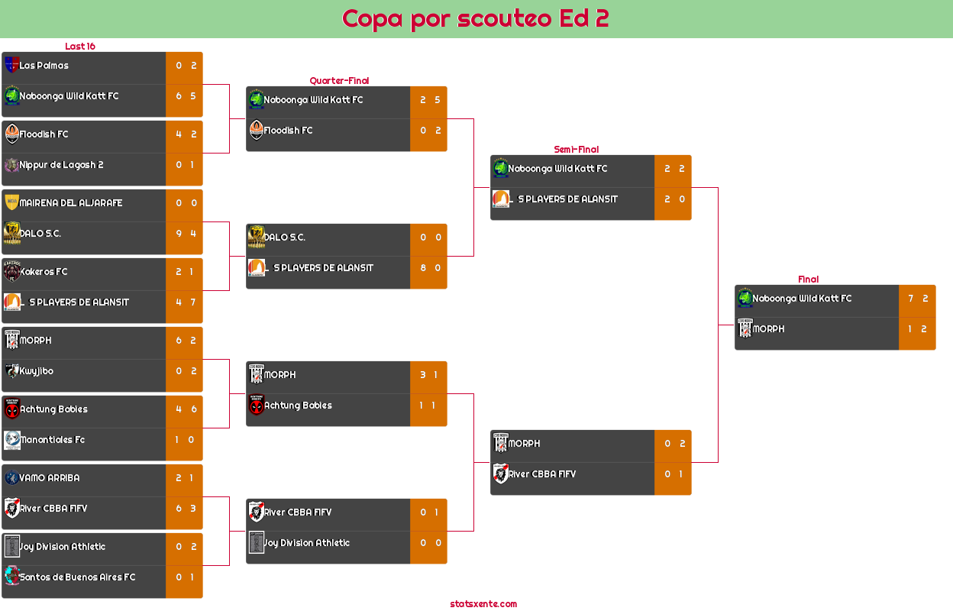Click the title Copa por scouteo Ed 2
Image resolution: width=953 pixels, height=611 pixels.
[475, 18]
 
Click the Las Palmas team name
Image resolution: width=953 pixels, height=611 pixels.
[44, 66]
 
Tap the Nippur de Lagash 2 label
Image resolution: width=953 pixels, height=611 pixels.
[62, 165]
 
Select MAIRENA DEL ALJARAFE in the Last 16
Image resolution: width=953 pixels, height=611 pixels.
[71, 203]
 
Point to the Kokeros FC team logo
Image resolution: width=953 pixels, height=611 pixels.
[11, 272]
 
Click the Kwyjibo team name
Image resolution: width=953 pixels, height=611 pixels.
[37, 371]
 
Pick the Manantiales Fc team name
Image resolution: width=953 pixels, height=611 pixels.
[52, 440]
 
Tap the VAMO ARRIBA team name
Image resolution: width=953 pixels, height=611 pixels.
[50, 478]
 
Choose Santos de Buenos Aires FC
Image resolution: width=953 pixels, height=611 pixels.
[77, 577]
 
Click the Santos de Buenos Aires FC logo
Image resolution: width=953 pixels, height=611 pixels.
[11, 576]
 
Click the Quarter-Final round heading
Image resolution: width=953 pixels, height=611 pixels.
[338, 81]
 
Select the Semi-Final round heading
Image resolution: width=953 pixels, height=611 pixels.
[575, 150]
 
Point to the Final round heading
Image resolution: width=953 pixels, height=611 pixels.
[807, 280]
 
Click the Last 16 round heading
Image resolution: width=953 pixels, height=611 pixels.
[79, 47]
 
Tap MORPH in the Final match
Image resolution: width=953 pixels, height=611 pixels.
[768, 329]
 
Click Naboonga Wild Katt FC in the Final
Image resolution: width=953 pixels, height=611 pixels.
[802, 299]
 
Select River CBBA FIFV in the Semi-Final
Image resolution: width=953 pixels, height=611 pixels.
[542, 474]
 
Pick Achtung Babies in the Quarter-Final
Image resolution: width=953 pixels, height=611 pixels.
[298, 406]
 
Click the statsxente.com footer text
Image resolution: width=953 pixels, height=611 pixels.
[483, 604]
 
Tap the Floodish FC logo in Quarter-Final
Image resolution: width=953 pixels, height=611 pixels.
[256, 131]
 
